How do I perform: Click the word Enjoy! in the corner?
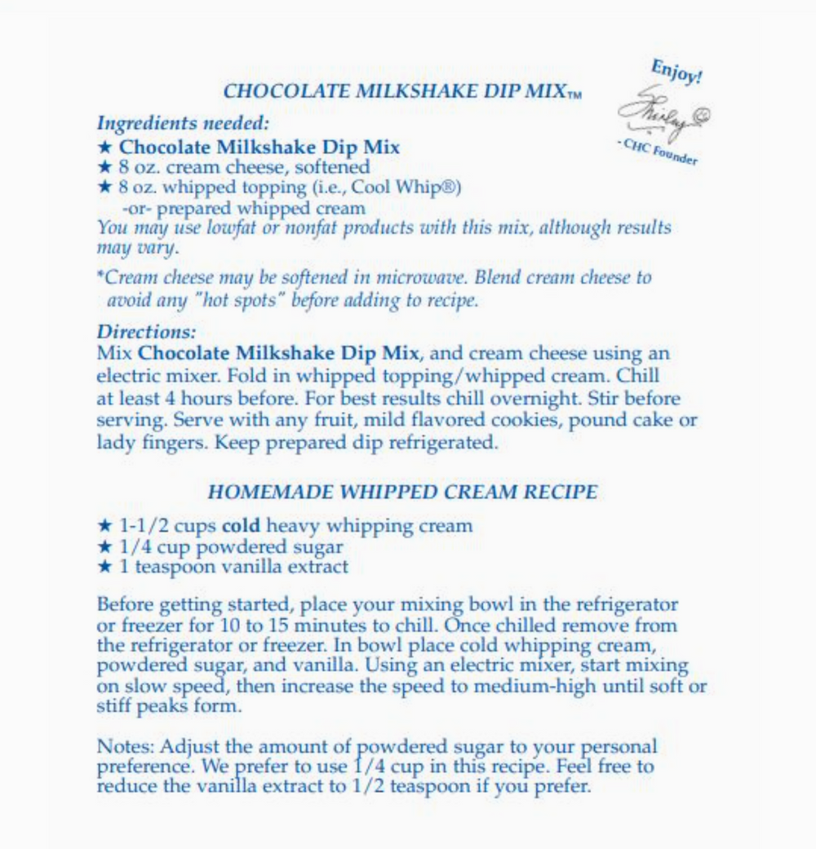tap(676, 72)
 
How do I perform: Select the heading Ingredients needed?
tap(183, 124)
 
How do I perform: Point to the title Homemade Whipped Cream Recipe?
tap(402, 492)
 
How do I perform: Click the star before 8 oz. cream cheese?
tap(104, 167)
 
